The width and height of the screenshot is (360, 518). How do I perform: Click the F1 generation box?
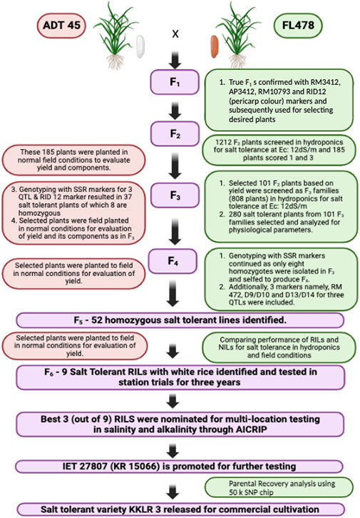(178, 81)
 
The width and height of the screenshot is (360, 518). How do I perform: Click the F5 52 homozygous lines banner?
(178, 318)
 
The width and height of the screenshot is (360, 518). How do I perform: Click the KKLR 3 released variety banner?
(178, 509)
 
